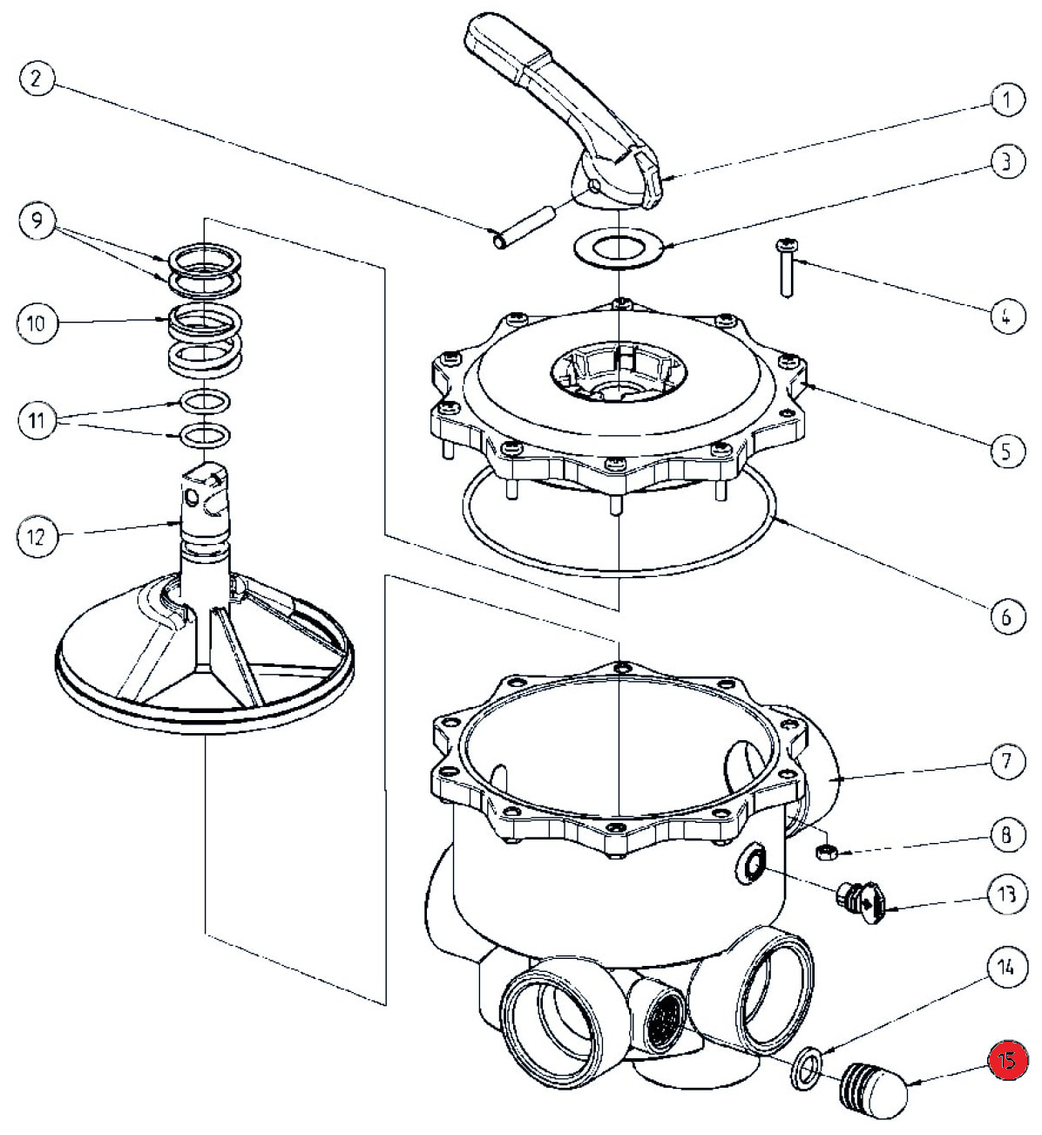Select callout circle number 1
pos(1006,100)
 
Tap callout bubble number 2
pos(36,79)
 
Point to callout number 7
pos(1006,762)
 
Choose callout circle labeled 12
pos(36,535)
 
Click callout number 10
pos(36,323)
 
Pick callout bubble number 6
pos(1006,616)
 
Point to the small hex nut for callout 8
pos(829,850)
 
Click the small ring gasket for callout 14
pos(806,1070)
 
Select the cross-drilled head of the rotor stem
pos(206,493)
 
